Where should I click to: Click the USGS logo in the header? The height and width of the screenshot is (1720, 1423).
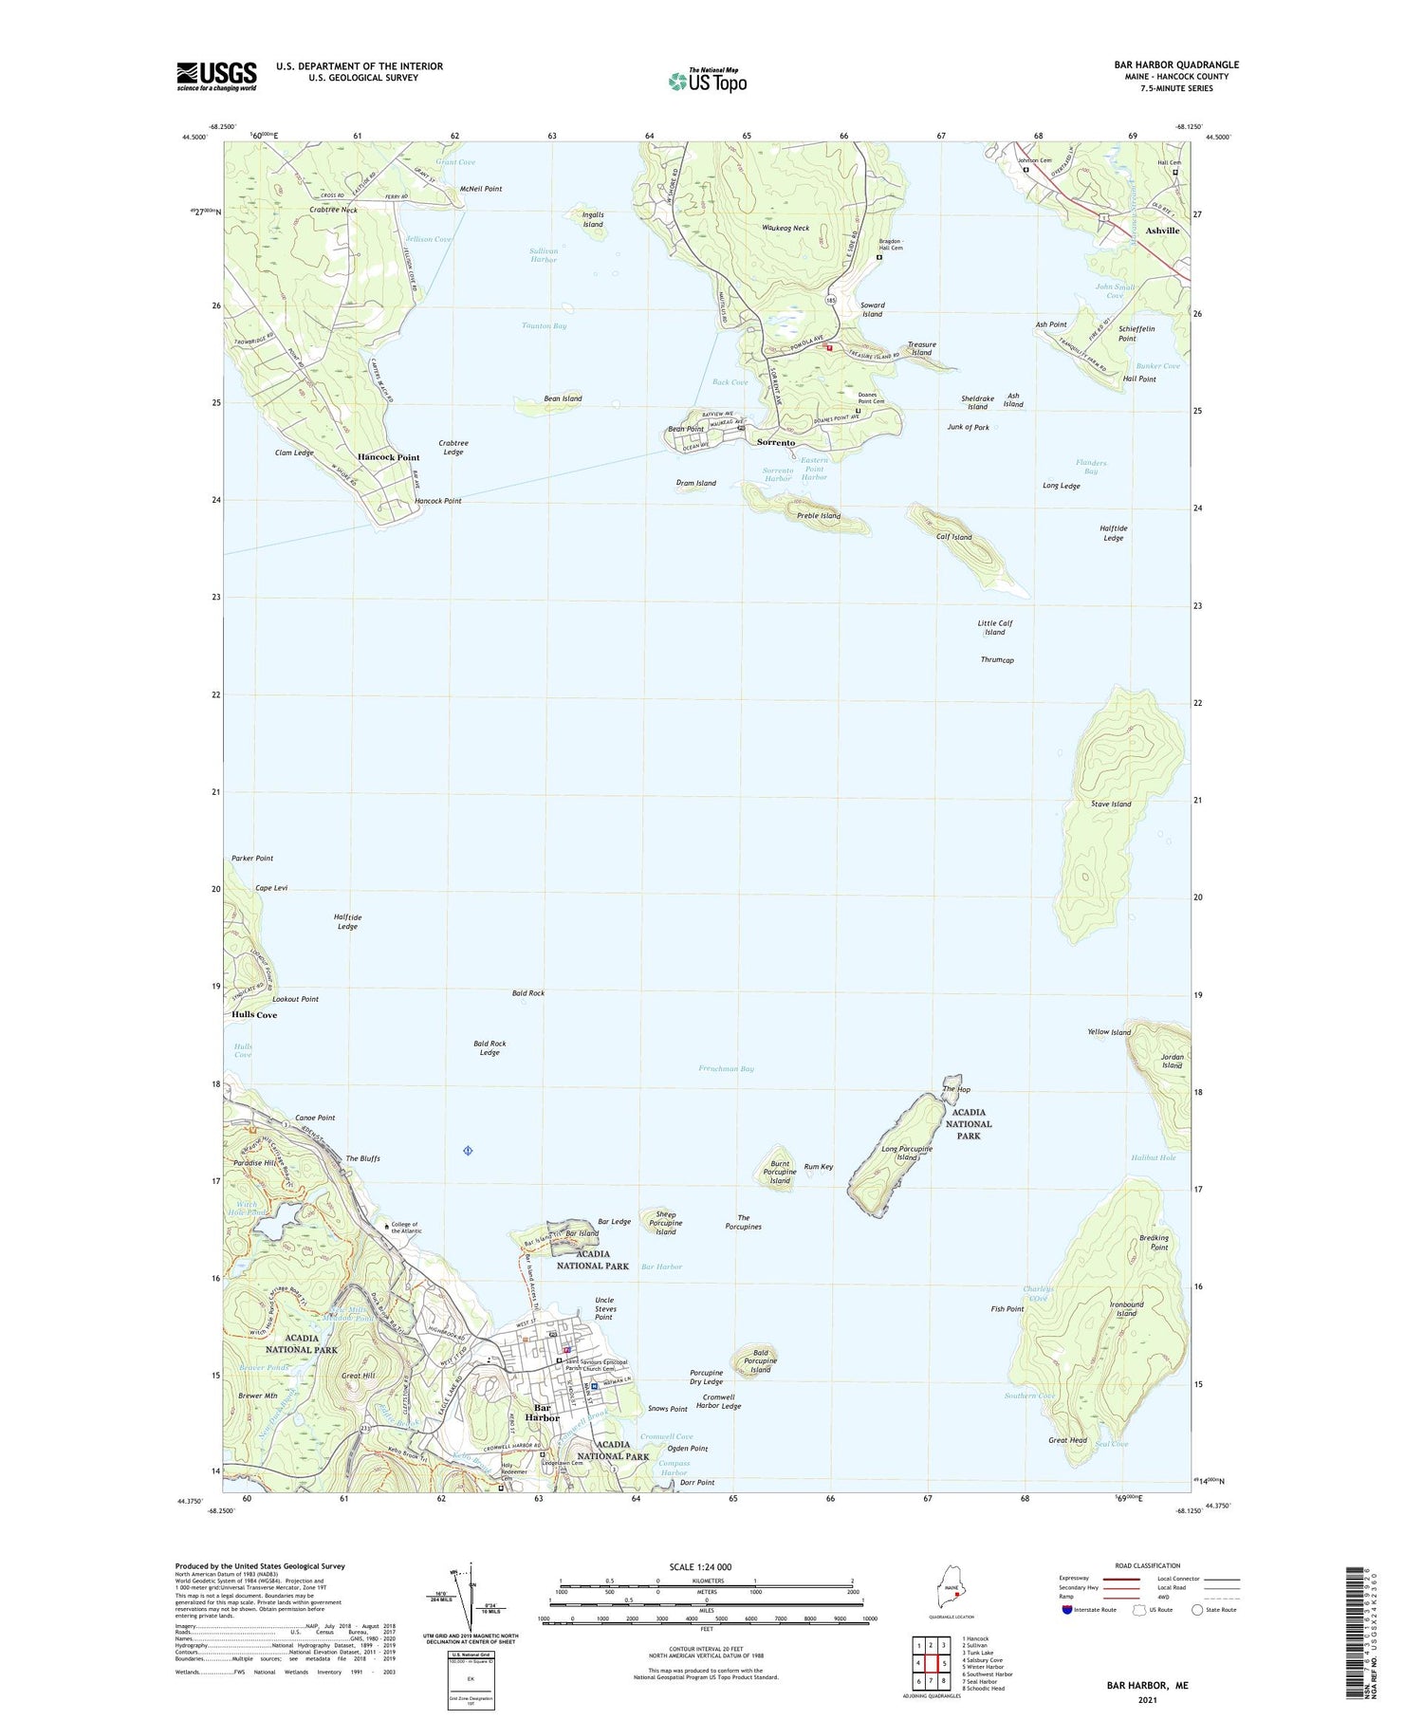(216, 76)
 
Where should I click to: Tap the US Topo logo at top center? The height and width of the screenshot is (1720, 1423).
(708, 82)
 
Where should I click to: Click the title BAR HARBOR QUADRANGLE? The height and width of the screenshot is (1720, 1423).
(1176, 65)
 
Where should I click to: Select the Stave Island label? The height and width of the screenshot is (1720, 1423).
(1111, 805)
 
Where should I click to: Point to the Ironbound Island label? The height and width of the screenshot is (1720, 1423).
(1126, 1309)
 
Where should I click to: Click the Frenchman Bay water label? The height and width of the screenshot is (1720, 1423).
(727, 1069)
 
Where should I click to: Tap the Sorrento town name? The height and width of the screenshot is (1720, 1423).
(775, 443)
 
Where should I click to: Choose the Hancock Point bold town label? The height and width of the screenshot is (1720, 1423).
(388, 457)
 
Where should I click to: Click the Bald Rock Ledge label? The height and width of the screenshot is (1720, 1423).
(490, 1047)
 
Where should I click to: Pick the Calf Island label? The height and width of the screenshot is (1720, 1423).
(954, 537)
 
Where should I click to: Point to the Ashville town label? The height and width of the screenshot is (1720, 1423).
(1162, 231)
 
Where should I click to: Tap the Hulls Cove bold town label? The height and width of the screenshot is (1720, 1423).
(254, 1015)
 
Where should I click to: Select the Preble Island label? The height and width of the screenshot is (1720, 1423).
(819, 516)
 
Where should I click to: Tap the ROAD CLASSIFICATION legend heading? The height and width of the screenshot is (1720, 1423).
(1148, 1565)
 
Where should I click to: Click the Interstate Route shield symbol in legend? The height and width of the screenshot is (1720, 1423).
(1068, 1610)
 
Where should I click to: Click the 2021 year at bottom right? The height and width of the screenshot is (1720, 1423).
(1147, 1699)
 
